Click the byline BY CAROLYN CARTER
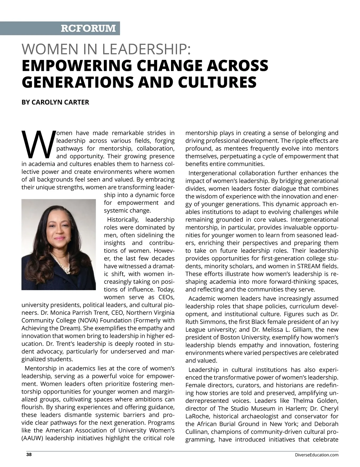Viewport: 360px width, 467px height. tap(55, 102)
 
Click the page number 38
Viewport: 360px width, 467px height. tap(29, 454)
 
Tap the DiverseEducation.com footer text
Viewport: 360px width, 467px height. tap(317, 455)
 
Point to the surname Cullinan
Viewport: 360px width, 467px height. tap(197, 432)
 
